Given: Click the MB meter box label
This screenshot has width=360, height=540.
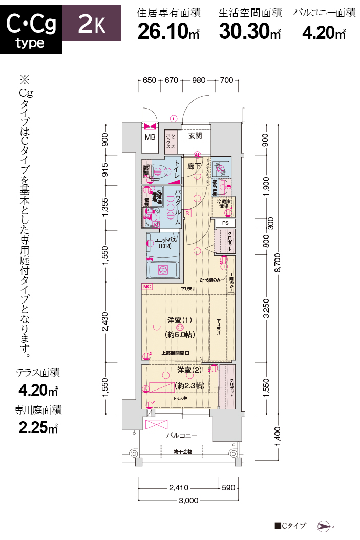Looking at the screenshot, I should click(x=150, y=137).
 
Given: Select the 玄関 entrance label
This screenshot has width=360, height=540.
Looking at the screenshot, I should click(x=195, y=136).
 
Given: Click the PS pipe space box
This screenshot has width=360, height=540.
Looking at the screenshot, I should click(x=225, y=223).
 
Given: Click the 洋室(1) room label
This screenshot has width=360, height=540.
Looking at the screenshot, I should click(x=179, y=320).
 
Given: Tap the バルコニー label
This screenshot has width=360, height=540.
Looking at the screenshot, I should click(x=181, y=436).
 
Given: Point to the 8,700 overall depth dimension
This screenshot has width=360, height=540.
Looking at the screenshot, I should click(x=279, y=266).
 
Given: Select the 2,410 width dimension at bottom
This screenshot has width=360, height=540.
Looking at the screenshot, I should click(x=179, y=488).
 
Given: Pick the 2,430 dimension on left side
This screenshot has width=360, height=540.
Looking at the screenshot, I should click(x=105, y=321).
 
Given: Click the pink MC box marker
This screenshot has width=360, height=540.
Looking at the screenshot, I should click(x=147, y=287).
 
